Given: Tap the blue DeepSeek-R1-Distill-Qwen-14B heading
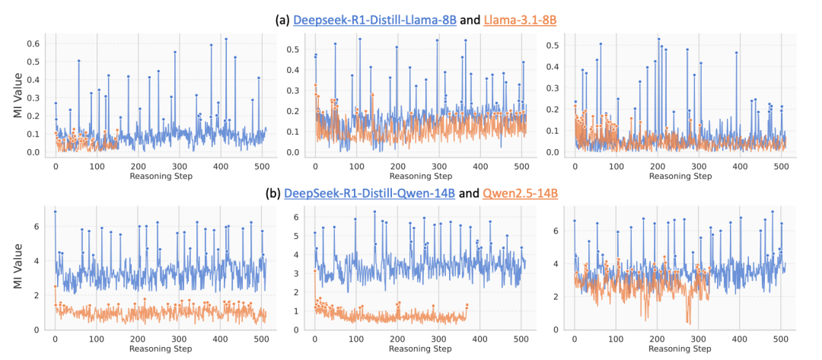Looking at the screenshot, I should pos(370,194).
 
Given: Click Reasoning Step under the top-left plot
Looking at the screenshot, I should pos(160,176).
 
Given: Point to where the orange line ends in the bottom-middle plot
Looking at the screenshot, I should pos(467,305).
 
